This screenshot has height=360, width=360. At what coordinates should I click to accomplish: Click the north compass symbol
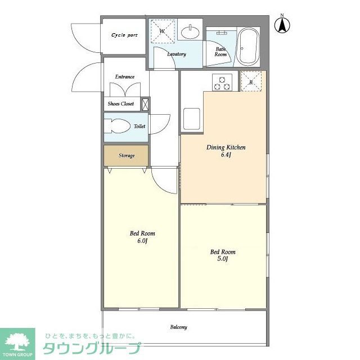(282, 25)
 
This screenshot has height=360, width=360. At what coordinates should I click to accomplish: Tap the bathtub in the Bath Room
(247, 47)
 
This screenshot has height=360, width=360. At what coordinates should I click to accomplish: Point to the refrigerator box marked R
(251, 82)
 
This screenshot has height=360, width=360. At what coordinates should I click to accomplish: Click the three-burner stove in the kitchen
(222, 83)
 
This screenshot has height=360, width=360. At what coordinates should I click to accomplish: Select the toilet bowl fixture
(118, 127)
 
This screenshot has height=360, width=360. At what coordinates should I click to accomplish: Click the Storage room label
(126, 155)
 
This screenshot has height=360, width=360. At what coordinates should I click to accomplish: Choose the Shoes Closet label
(120, 104)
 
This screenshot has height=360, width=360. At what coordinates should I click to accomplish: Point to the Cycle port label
(124, 35)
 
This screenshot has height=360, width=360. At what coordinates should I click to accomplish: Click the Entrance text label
(124, 76)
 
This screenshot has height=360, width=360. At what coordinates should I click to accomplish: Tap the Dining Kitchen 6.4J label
(226, 151)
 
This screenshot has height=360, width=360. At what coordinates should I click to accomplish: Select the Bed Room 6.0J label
(142, 237)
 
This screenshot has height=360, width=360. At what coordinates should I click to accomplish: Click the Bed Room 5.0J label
(222, 255)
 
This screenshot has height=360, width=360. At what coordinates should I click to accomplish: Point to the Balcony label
(178, 327)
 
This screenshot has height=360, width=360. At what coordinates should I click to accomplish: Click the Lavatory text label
(177, 54)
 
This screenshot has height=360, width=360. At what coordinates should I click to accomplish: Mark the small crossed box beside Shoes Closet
(145, 104)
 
